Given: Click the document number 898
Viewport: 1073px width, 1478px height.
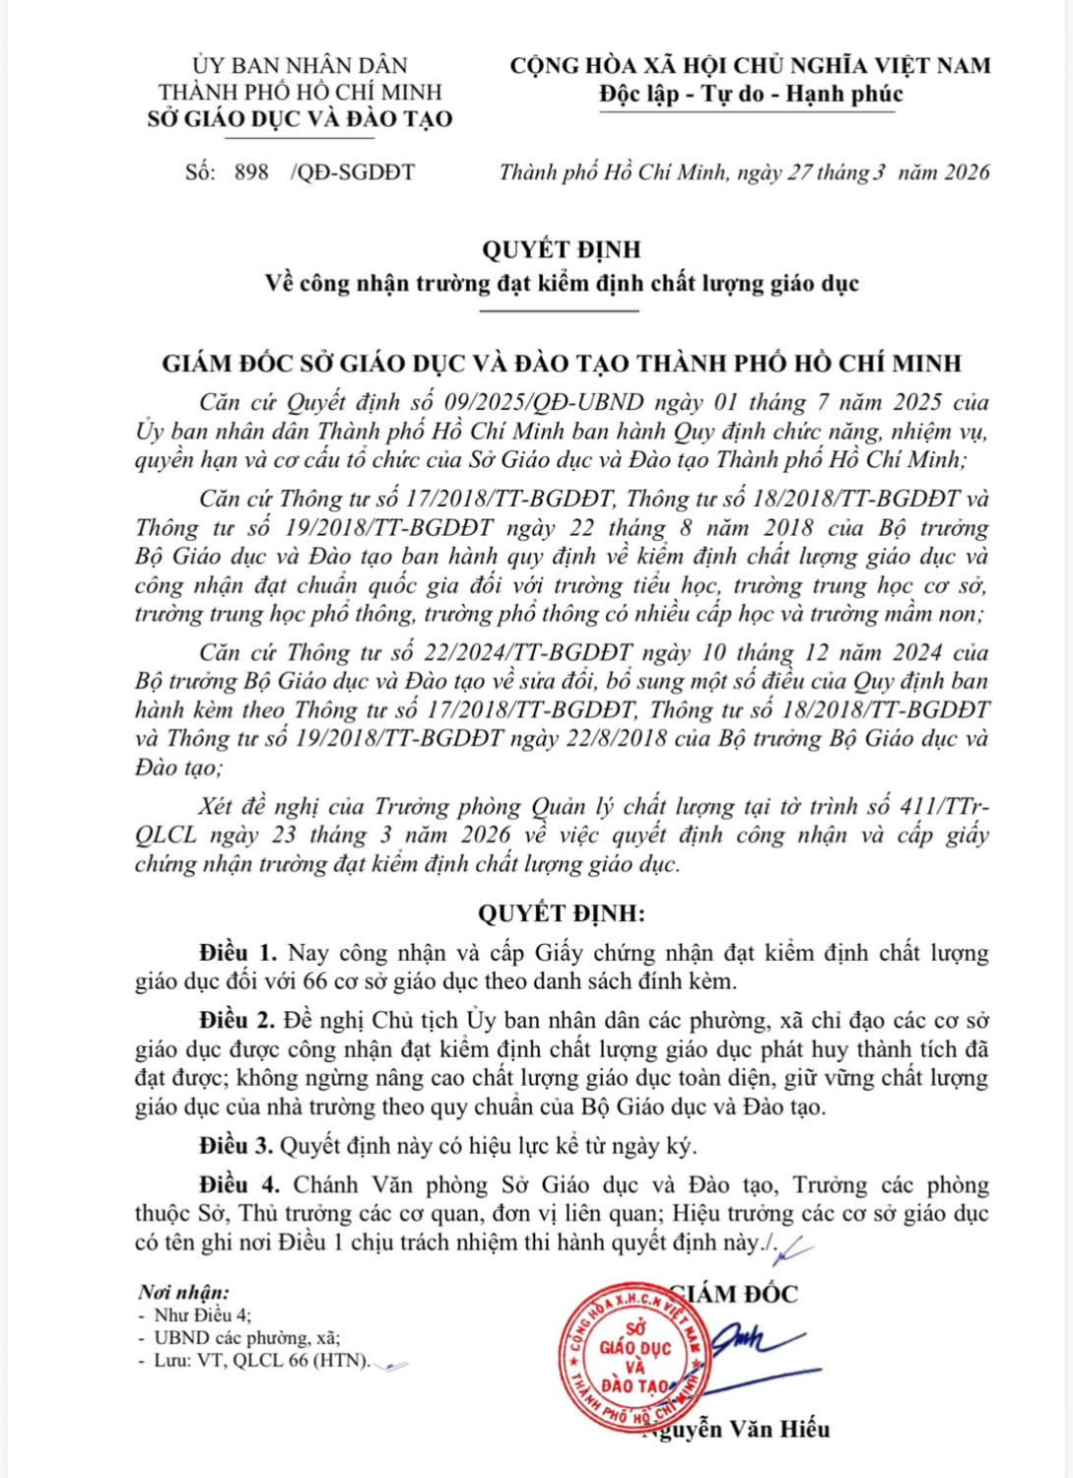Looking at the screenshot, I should (x=251, y=172).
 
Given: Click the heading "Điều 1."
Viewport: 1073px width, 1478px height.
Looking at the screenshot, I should (x=237, y=953).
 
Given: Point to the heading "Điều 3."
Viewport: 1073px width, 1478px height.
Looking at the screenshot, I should (x=237, y=1146).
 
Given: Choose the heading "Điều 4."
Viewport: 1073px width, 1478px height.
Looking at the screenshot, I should (x=237, y=1184).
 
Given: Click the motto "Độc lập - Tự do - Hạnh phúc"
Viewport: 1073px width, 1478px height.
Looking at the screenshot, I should (x=750, y=95).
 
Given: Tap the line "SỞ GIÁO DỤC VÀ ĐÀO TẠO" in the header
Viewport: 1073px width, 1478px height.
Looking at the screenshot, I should (x=300, y=119).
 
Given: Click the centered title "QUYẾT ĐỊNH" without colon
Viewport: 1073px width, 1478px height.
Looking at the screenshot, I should (x=561, y=250).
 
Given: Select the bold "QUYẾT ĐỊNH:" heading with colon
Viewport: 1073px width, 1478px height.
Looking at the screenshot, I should (x=562, y=912).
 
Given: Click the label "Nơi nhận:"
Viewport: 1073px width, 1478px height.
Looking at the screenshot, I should (x=184, y=1293).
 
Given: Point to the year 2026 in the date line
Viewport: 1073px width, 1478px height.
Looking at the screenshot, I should (x=966, y=172).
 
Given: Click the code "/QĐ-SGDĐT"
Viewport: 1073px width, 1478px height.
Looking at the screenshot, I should (x=353, y=172).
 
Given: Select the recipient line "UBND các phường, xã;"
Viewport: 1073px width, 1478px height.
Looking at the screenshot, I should (x=247, y=1338).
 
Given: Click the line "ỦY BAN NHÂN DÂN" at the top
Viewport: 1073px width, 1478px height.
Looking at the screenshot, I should (x=300, y=66).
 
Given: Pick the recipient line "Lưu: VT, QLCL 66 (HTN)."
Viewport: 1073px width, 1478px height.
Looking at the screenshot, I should (x=262, y=1362).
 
